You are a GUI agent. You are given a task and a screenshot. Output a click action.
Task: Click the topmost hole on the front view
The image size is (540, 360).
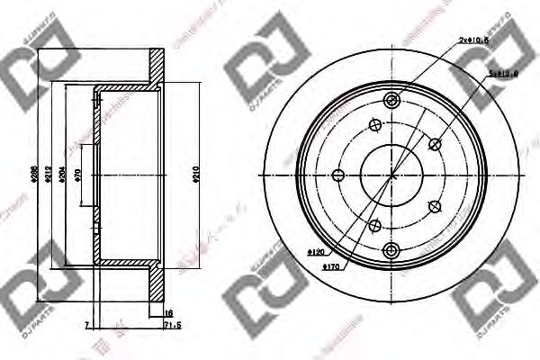coord(391,100)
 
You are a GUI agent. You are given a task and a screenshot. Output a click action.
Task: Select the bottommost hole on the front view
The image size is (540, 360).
coord(391,251)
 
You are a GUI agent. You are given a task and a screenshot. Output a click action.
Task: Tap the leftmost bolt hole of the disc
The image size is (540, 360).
coord(338,175)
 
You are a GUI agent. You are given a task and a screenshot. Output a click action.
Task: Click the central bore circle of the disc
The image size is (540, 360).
coord(391,175)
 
